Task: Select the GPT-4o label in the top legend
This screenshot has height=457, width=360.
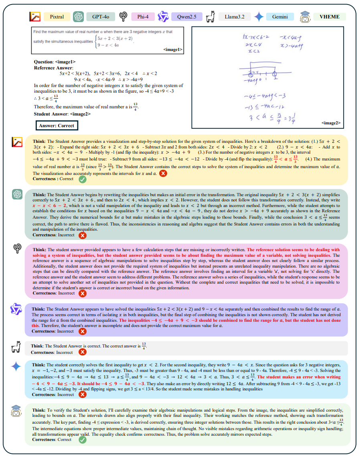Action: coord(101,17)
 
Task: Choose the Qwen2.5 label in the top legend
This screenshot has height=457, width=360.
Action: coord(184,17)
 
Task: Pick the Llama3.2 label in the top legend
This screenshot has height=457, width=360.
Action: coord(235,17)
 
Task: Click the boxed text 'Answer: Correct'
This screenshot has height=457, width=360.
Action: coord(56,126)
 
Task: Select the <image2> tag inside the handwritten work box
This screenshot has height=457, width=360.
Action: coord(331,123)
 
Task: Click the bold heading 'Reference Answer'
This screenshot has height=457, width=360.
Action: coord(51,68)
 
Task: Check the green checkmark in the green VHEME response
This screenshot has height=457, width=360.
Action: coord(82,440)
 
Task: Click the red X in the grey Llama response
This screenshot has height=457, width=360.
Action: coord(82,352)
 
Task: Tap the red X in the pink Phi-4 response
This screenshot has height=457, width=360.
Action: coord(82,293)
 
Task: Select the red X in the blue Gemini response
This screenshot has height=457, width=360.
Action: coord(82,394)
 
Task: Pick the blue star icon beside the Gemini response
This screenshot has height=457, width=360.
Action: coord(16,366)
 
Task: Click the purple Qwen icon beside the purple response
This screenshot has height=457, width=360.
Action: coord(16,309)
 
